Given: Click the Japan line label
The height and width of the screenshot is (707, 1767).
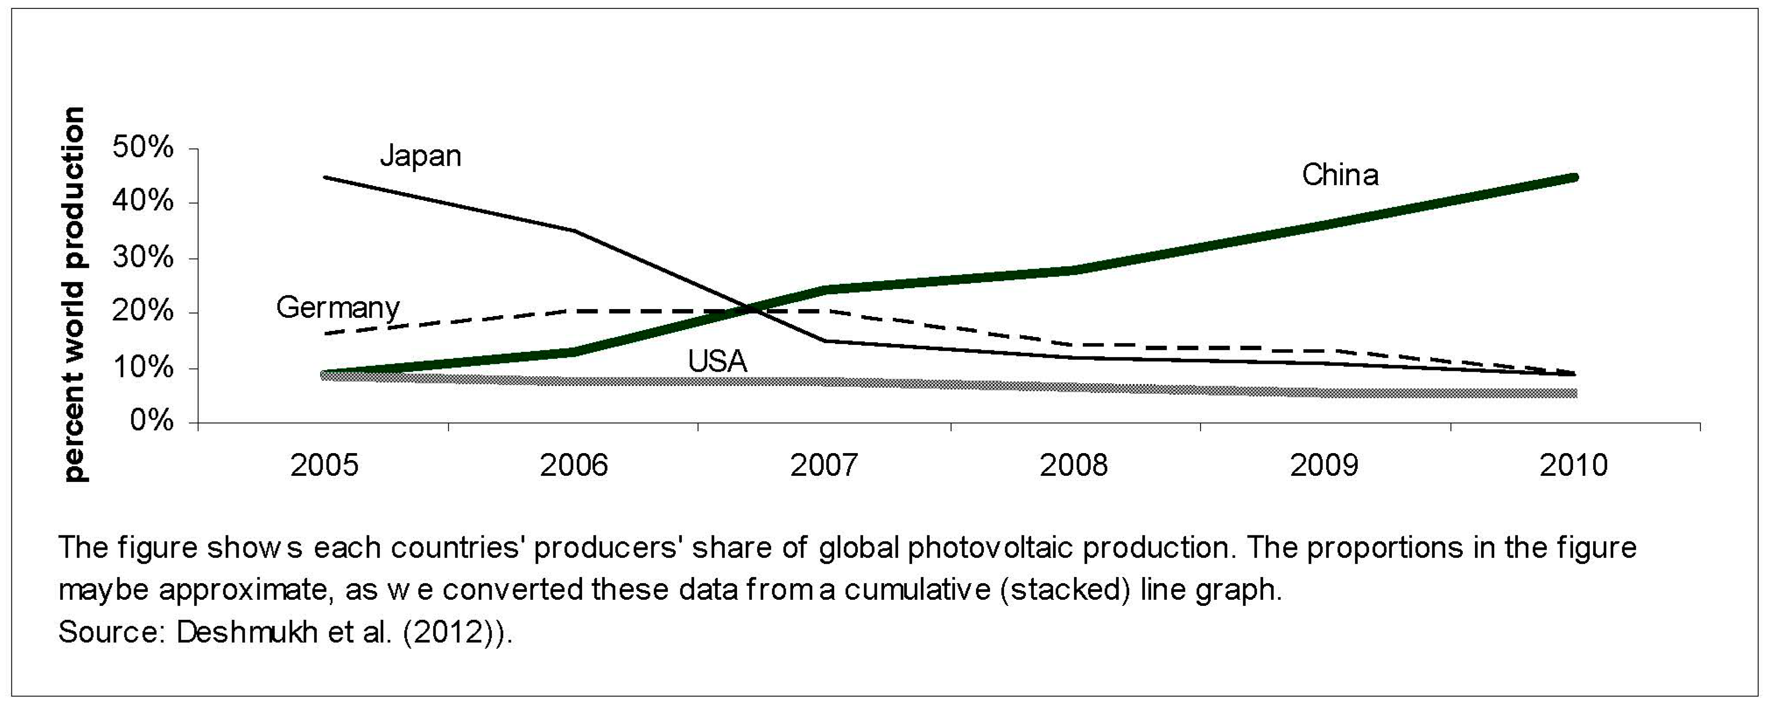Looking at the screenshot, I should [x=421, y=156].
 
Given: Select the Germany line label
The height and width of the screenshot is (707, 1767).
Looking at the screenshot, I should [x=337, y=308].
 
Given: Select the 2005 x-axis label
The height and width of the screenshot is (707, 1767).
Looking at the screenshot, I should [x=324, y=466].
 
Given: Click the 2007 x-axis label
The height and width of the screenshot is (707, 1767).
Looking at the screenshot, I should [x=823, y=466].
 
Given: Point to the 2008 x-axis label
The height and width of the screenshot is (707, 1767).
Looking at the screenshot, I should [x=1074, y=466].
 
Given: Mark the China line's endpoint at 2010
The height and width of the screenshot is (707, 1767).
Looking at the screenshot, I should [x=1575, y=178].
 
